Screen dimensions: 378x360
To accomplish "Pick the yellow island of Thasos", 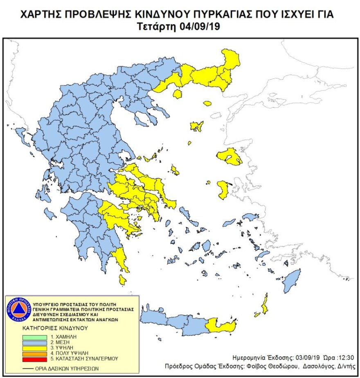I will [178, 94].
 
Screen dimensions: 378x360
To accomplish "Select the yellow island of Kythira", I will [122, 280].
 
